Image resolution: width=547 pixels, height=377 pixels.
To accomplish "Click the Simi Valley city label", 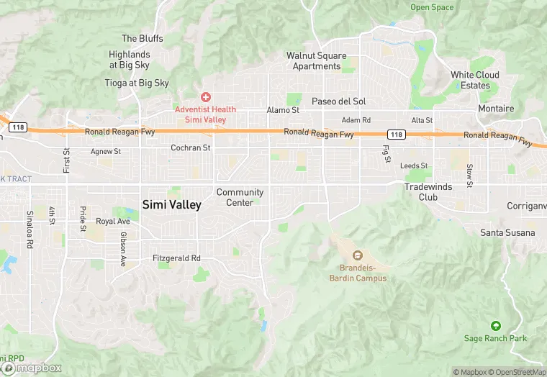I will [x=172, y=204].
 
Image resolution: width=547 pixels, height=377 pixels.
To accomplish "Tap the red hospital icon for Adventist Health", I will [x=205, y=96].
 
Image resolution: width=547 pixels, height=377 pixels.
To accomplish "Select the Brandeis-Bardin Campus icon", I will [x=357, y=255].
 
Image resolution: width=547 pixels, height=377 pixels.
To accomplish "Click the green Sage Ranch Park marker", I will [x=494, y=326].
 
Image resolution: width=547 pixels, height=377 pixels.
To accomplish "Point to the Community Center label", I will [x=240, y=197].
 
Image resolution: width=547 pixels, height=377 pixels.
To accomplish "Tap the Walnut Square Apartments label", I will [x=316, y=61].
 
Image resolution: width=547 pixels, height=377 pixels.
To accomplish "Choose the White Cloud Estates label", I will [x=475, y=80].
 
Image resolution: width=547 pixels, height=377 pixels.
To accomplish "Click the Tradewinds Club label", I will [x=421, y=191].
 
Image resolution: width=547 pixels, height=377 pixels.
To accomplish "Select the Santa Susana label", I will [x=507, y=232].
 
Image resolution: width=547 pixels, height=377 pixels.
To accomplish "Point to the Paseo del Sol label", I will [x=338, y=101].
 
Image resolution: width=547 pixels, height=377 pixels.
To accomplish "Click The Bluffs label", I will [x=143, y=38].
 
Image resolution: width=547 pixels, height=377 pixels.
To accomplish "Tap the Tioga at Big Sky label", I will [x=137, y=83].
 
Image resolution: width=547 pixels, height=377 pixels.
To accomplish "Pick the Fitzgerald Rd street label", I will [x=176, y=258].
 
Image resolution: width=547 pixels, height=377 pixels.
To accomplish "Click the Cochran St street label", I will [x=191, y=147].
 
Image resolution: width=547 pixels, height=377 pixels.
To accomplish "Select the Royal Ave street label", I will [x=113, y=222].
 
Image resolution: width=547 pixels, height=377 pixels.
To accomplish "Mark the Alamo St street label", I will [x=283, y=110].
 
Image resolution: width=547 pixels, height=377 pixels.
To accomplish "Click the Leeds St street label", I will [x=414, y=165].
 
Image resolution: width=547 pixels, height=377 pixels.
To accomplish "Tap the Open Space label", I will [x=432, y=7].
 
